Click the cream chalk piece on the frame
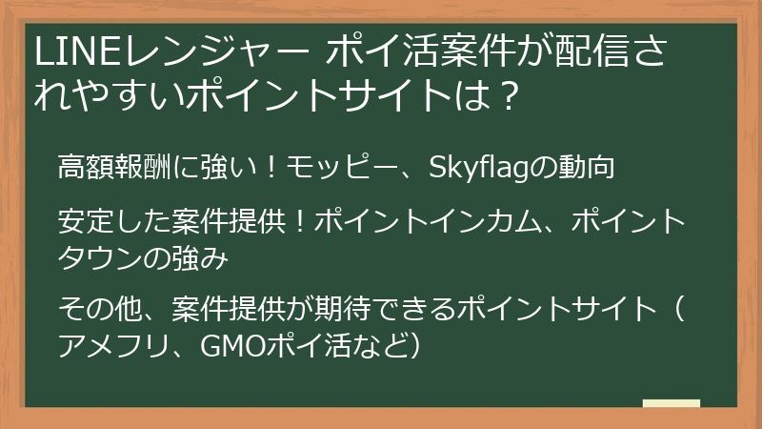[x=671, y=405]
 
